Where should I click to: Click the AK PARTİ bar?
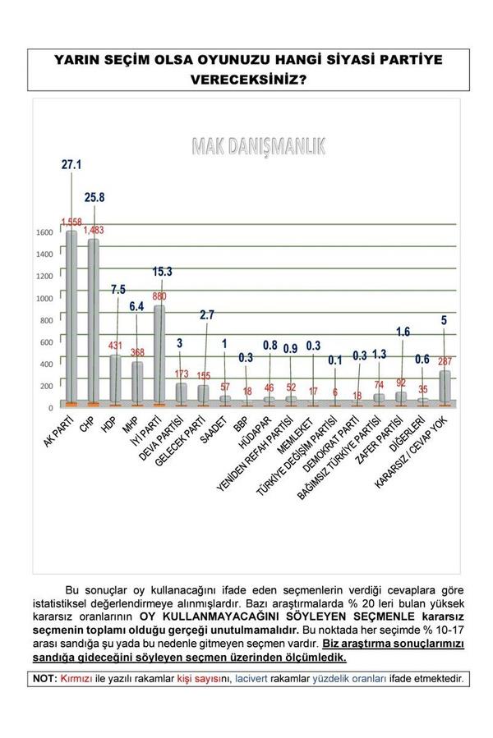[71, 320]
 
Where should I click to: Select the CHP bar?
[94, 324]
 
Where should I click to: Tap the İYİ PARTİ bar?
[160, 357]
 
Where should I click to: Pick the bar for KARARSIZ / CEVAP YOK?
[445, 387]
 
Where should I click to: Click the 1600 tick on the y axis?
[44, 232]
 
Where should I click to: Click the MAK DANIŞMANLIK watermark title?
[258, 146]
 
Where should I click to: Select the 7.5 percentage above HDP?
[117, 312]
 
